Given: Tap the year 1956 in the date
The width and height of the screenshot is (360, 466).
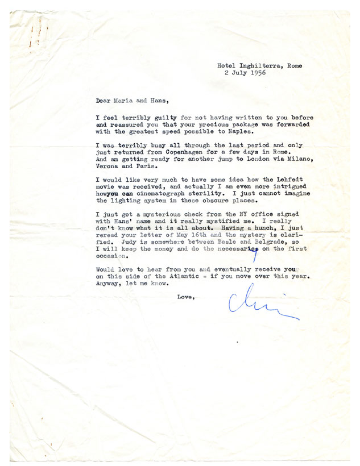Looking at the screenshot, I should tap(256, 73).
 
